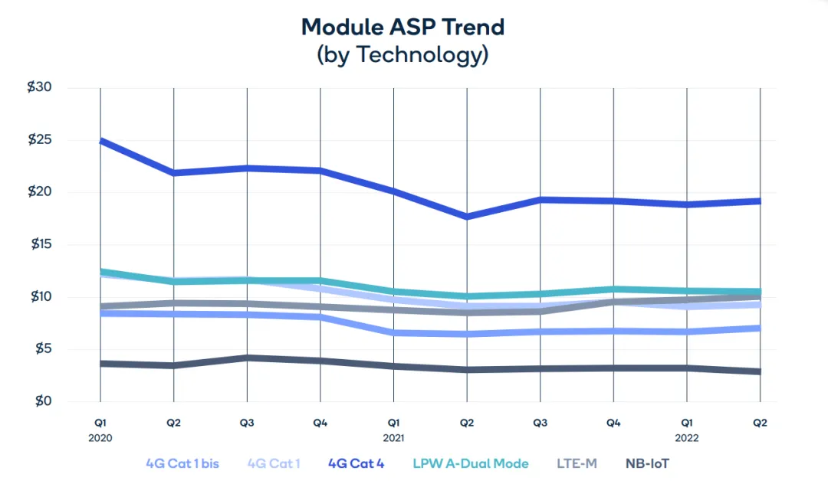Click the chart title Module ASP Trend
(402, 27)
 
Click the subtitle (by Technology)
(402, 54)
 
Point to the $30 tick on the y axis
(39, 87)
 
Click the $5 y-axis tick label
(42, 349)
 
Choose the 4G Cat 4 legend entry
(356, 463)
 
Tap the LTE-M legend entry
(577, 463)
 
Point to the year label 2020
(100, 438)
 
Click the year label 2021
(394, 438)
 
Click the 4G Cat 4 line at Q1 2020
(100, 142)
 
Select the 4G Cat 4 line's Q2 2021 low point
(467, 217)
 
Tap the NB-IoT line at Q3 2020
(247, 358)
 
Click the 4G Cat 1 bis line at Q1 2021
(394, 333)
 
